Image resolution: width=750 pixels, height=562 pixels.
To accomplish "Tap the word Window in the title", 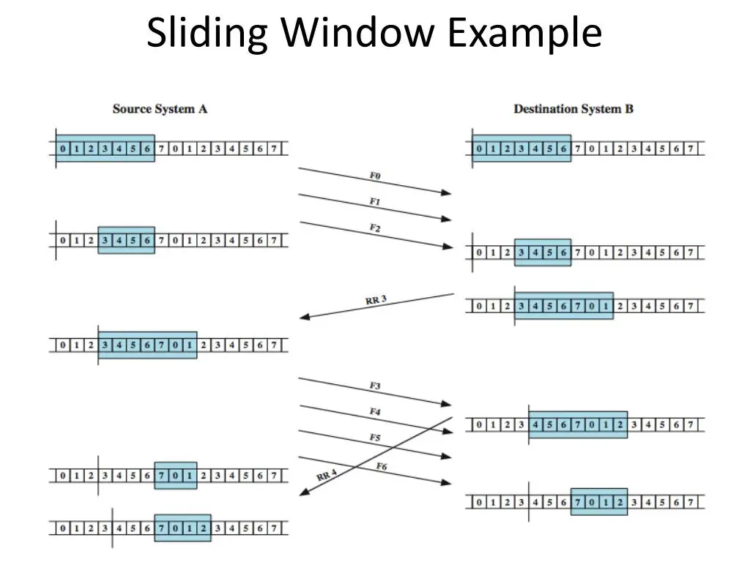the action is [357, 31].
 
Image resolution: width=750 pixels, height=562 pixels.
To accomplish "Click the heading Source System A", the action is [160, 109].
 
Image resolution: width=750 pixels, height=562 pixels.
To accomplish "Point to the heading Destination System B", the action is [573, 109].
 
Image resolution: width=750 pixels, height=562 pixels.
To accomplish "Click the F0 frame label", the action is [375, 176].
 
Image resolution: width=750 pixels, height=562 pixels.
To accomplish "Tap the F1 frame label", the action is [375, 202].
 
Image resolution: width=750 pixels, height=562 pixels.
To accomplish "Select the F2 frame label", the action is [375, 228].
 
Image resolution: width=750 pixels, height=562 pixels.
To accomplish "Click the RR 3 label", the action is [376, 300].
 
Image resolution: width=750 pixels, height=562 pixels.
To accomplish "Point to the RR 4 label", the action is [327, 474].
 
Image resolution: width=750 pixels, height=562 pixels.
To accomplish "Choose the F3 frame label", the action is [375, 386].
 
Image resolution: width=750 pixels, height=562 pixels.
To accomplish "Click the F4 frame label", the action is [375, 411].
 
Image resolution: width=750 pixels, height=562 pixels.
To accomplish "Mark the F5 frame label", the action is [375, 438].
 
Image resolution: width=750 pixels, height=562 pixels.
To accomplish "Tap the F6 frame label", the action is [381, 466].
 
